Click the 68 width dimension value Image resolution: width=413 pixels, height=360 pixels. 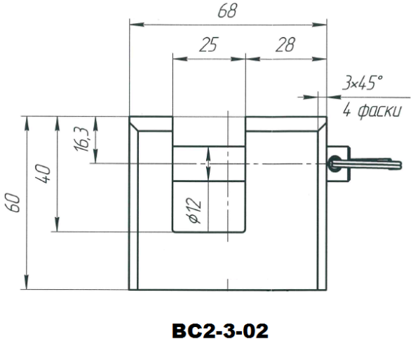(228, 11)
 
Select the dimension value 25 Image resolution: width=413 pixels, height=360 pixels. (209, 44)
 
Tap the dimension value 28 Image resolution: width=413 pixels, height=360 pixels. (285, 44)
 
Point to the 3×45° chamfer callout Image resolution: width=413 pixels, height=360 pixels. (363, 83)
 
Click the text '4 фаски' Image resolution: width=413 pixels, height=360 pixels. (372, 111)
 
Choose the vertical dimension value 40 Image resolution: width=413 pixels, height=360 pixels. (43, 174)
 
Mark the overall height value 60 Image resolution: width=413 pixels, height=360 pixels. (13, 202)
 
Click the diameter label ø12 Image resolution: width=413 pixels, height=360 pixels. (196, 211)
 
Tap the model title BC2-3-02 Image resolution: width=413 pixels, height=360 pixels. (220, 331)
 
